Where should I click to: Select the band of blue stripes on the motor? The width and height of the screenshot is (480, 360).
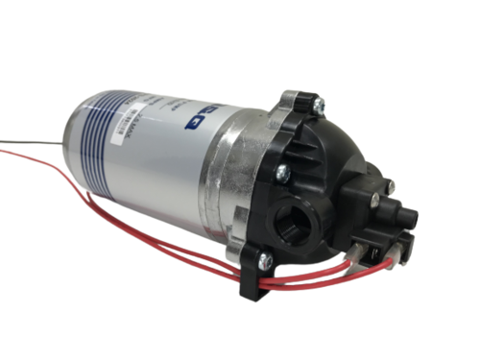(110, 144)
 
